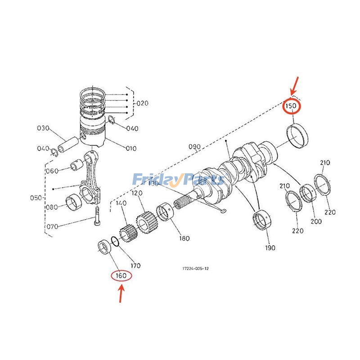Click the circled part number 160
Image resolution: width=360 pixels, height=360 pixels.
point(121,275)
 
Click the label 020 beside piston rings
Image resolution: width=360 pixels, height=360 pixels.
point(142,103)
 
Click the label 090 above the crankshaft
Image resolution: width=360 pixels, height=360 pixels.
point(194,147)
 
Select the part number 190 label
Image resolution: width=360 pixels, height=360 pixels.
point(270,247)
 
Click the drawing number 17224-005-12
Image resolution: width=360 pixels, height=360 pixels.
point(195,269)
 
